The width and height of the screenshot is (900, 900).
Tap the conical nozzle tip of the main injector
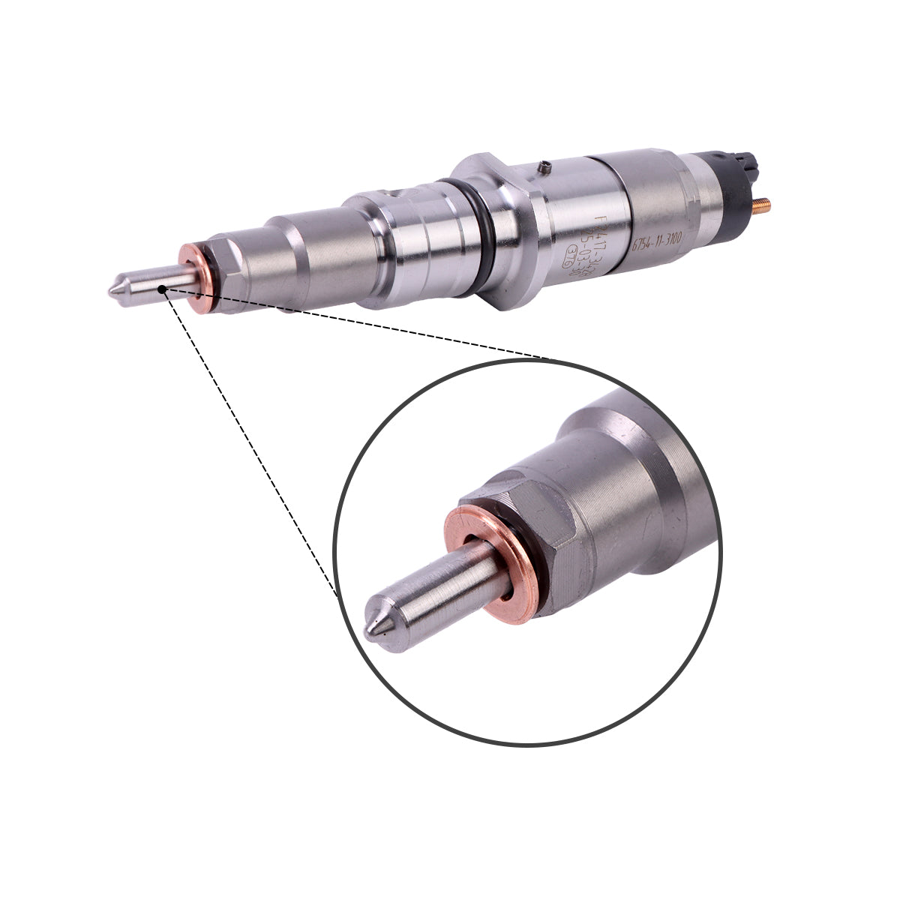click(x=116, y=290)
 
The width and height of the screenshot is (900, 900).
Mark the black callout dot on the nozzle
click(x=162, y=286)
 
